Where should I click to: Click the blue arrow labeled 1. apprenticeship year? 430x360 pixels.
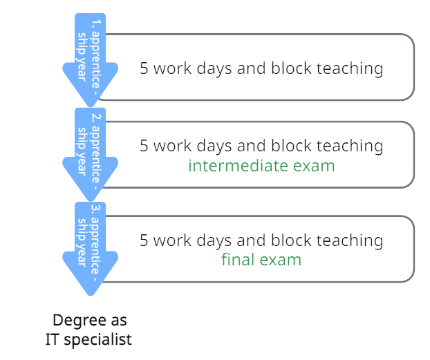pos(90,59)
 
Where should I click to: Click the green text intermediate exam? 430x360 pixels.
pos(261,166)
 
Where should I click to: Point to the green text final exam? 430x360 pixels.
pos(261,260)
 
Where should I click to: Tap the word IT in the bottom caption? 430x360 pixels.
pos(53,339)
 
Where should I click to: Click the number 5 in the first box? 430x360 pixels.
pos(144,68)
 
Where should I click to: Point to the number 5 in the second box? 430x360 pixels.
pos(144,146)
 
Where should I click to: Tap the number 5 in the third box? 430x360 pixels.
pos(144,240)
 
